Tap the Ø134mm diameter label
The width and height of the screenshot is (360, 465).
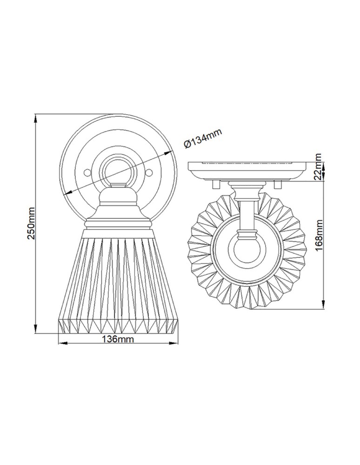click(203, 138)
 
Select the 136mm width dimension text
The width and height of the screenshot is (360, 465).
click(117, 339)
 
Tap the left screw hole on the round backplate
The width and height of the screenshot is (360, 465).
click(87, 173)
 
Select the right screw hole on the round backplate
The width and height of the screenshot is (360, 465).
click(150, 173)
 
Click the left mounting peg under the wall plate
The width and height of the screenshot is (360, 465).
click(215, 184)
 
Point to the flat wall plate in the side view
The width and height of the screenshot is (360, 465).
click(247, 167)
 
